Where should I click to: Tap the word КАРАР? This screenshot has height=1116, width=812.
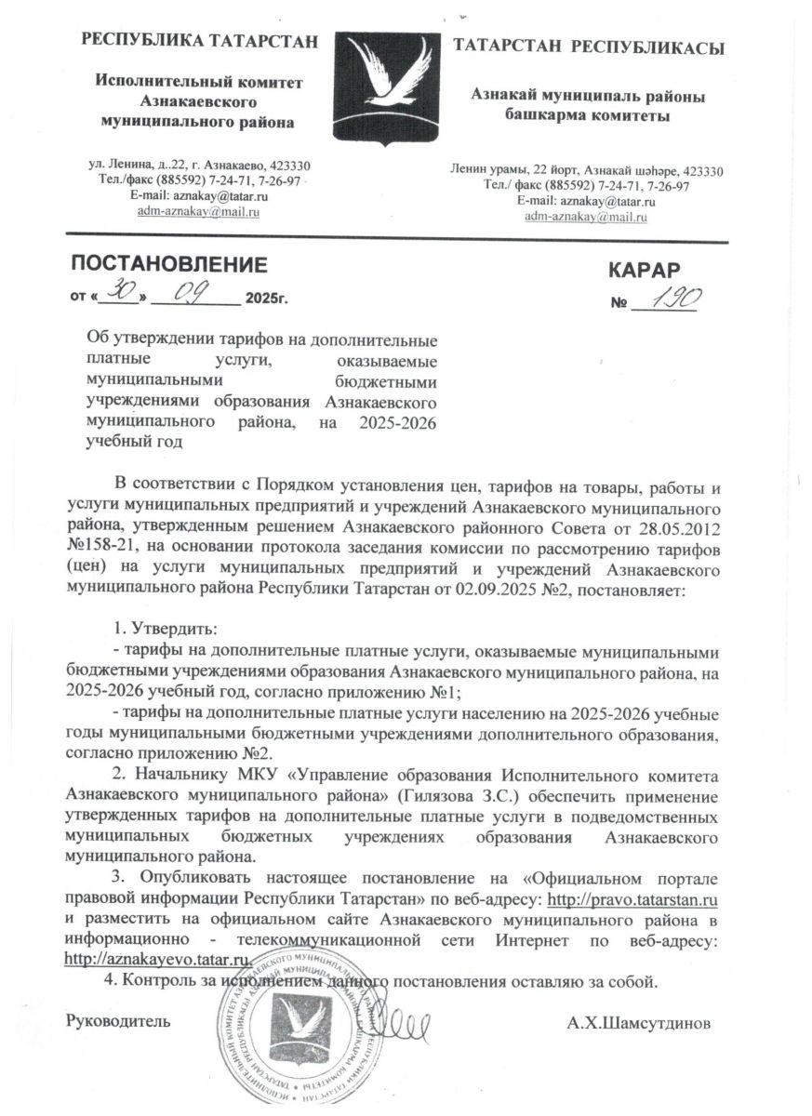(x=646, y=271)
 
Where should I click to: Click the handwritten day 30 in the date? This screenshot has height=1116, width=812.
(x=123, y=295)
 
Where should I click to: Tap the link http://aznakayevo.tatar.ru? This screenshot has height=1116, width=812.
(x=158, y=959)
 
